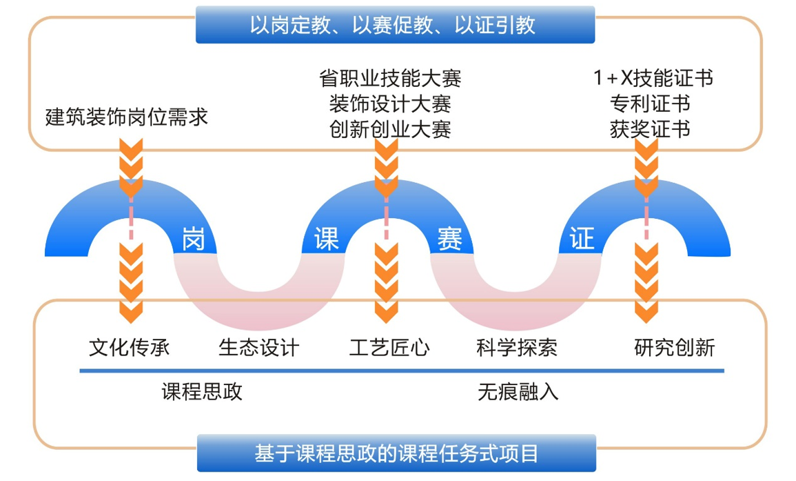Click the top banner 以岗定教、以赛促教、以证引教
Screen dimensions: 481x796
click(395, 26)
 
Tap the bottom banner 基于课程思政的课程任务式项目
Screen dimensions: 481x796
click(396, 453)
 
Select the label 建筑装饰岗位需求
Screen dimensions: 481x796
click(127, 117)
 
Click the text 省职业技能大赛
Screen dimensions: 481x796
click(390, 78)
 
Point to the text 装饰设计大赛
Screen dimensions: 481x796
click(390, 104)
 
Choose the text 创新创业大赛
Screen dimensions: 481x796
click(390, 129)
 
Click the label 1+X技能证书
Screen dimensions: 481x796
click(653, 78)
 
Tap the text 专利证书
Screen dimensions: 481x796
click(650, 104)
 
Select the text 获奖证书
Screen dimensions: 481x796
click(650, 129)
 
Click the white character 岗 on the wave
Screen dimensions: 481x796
click(194, 239)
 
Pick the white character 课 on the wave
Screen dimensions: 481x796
click(326, 239)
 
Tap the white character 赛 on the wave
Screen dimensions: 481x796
click(449, 239)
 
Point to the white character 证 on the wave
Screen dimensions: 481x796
click(581, 239)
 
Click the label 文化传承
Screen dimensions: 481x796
click(129, 346)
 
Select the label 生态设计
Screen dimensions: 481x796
click(259, 346)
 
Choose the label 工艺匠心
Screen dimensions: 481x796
click(389, 346)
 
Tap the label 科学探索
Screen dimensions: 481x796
click(517, 346)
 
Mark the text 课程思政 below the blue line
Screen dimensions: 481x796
click(202, 392)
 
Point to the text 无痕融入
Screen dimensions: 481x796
click(518, 392)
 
